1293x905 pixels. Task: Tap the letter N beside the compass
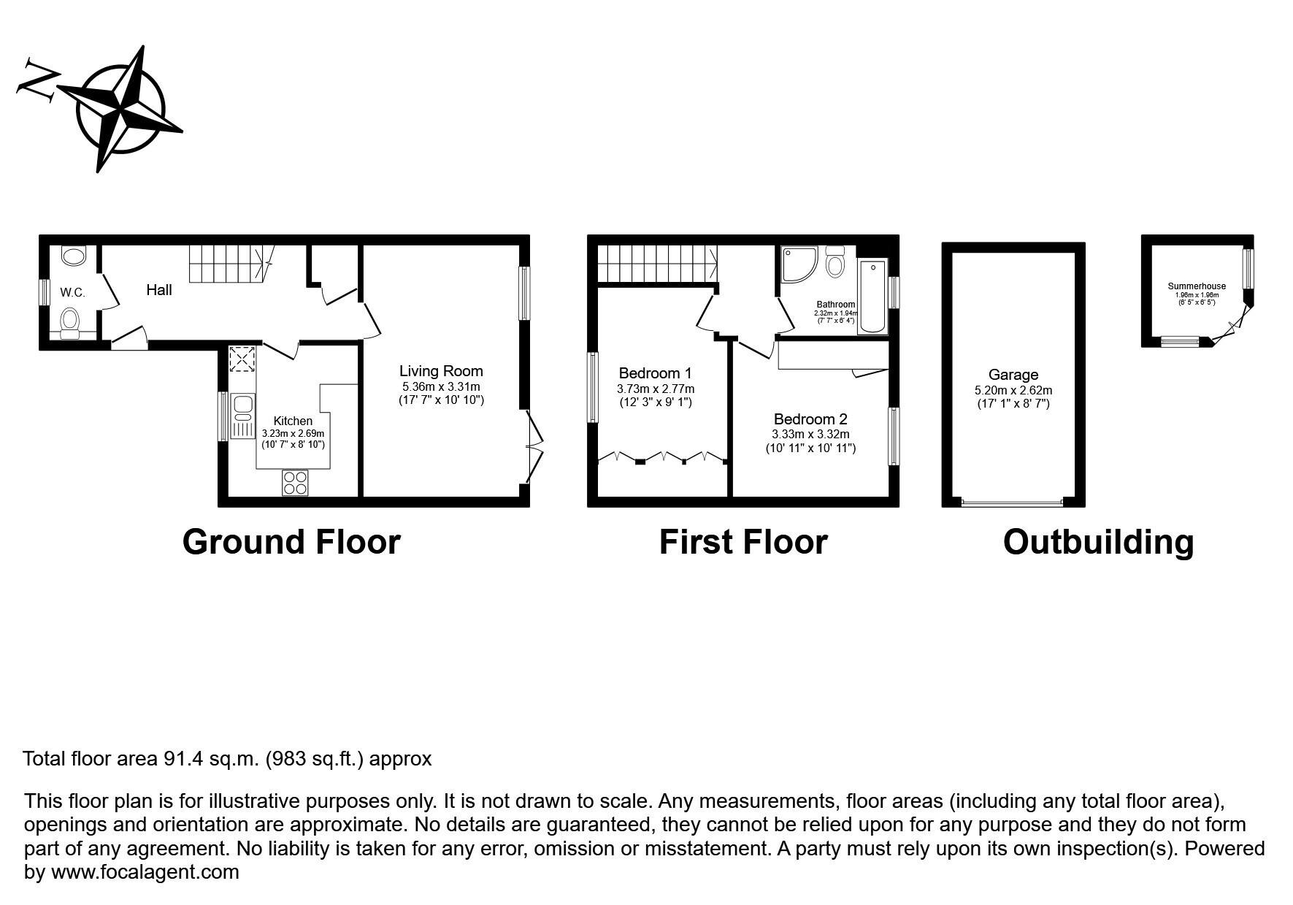click(38, 78)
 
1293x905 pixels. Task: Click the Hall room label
click(159, 290)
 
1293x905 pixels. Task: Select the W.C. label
click(72, 293)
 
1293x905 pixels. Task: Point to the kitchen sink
click(242, 416)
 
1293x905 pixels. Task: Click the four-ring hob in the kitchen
click(296, 484)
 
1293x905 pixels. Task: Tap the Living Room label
click(441, 371)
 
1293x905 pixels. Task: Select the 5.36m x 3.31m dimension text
click(441, 386)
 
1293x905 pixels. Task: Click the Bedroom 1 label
click(655, 373)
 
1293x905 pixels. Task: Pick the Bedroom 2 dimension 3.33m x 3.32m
click(810, 434)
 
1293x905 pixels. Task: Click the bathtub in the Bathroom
click(872, 296)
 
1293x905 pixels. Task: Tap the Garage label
click(1013, 375)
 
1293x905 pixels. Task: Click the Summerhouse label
click(1197, 286)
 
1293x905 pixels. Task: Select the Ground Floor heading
click(291, 542)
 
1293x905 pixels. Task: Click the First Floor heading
click(743, 542)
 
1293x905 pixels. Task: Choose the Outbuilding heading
click(1098, 543)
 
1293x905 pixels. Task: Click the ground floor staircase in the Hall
click(231, 264)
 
